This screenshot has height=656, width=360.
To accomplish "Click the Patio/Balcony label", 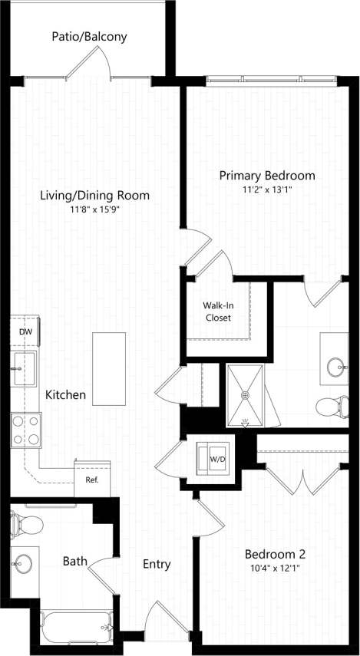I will [x=89, y=36].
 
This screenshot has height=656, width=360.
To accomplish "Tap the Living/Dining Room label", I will [x=94, y=196].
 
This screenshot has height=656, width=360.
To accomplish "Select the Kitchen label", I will [x=65, y=395].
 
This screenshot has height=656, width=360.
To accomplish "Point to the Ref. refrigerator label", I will [x=92, y=481].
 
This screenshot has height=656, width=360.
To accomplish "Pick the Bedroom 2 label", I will [x=275, y=554].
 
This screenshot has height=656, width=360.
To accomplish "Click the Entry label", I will [x=157, y=564].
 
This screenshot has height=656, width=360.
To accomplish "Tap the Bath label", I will [x=74, y=562].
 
